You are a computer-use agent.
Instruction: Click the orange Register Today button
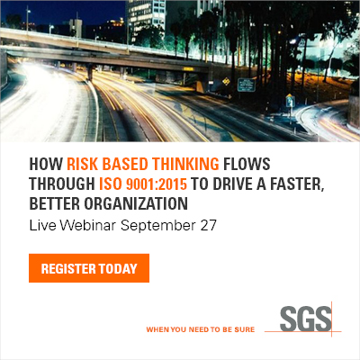coord(89,268)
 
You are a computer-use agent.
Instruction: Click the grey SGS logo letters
coord(306,319)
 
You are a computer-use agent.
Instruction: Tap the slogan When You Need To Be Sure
coord(201,329)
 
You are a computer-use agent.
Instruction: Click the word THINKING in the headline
coord(185,164)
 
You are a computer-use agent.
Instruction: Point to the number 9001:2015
coord(157,184)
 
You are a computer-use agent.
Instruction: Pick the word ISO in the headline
coord(110,184)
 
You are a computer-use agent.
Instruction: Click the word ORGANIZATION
coord(136,203)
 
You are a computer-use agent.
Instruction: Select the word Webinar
coord(87,225)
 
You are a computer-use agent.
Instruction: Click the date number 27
coord(209,225)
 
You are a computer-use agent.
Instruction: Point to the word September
coord(158,226)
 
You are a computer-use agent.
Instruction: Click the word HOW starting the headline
coord(46,164)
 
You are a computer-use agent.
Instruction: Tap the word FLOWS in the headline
coord(247,164)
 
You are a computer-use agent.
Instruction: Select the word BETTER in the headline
coord(54,203)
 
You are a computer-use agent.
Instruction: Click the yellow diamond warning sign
coord(226,81)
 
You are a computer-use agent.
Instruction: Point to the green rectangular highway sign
coord(247,85)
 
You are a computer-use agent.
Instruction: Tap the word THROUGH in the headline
coord(62,184)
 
